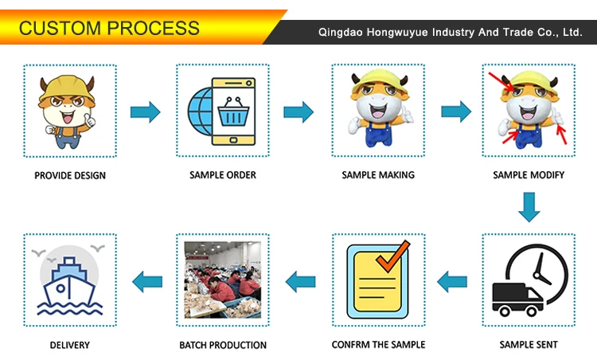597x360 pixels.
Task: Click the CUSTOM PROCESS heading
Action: pyautogui.click(x=109, y=29)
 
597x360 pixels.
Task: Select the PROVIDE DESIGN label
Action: pyautogui.click(x=70, y=175)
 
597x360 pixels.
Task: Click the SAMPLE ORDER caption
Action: pyautogui.click(x=223, y=174)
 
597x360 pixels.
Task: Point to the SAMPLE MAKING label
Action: pyautogui.click(x=378, y=174)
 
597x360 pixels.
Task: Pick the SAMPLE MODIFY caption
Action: pyautogui.click(x=529, y=174)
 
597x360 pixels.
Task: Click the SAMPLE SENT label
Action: pyautogui.click(x=529, y=344)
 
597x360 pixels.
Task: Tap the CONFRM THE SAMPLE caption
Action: pyautogui.click(x=378, y=344)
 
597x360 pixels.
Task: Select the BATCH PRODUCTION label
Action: pyautogui.click(x=223, y=344)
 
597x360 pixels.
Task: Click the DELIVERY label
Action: pyautogui.click(x=70, y=344)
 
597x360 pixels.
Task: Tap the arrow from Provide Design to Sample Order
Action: pyautogui.click(x=145, y=111)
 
